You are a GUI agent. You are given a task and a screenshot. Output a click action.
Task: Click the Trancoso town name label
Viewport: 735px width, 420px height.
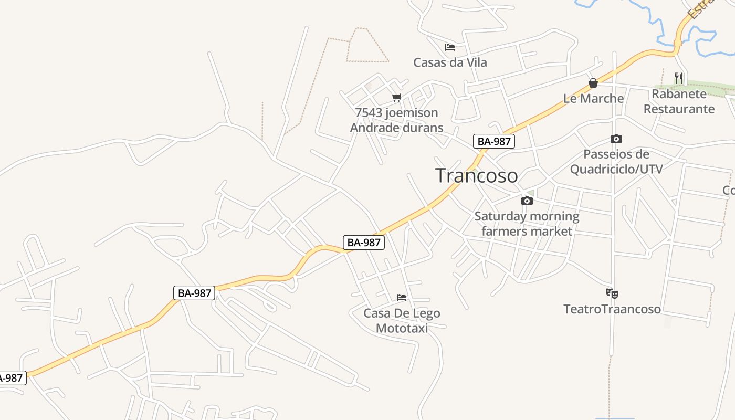(x=477, y=175)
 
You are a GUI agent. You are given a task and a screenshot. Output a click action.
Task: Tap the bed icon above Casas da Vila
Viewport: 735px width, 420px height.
(x=449, y=47)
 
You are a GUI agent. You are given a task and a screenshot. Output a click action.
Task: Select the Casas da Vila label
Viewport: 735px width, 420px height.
(x=450, y=62)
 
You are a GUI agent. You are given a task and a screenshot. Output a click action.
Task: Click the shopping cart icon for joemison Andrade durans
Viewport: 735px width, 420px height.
(x=397, y=97)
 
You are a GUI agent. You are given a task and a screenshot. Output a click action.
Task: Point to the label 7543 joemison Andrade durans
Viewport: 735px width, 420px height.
(x=396, y=120)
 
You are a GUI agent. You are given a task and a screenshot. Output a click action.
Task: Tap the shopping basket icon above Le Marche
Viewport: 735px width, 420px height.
(x=593, y=83)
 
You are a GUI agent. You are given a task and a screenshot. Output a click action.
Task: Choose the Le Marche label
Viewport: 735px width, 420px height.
(x=593, y=98)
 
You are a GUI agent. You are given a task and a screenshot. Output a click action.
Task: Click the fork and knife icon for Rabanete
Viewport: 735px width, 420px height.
(x=679, y=78)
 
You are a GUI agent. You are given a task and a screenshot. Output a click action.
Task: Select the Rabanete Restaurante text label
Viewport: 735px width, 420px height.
(x=679, y=101)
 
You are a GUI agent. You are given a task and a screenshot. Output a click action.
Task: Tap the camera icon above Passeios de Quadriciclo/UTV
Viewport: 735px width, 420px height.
(x=616, y=139)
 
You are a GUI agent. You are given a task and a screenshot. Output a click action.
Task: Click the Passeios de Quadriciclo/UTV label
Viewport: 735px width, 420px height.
(x=616, y=161)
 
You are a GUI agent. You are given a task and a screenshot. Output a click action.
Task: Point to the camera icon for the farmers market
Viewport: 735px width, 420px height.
(x=527, y=201)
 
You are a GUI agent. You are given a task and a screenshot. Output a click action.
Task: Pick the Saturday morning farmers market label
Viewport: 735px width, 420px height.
(x=527, y=224)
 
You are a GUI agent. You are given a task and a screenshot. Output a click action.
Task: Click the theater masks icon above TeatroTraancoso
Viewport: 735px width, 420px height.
(x=612, y=293)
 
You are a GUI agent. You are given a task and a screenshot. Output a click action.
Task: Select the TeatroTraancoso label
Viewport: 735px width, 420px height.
(x=612, y=309)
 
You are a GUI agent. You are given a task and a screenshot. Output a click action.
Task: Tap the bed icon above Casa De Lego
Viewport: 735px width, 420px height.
(x=402, y=298)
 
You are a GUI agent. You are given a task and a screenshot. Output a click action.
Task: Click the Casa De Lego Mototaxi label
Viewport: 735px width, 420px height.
(x=402, y=321)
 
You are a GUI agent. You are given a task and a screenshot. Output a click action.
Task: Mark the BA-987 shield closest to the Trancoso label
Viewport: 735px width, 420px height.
(x=493, y=141)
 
